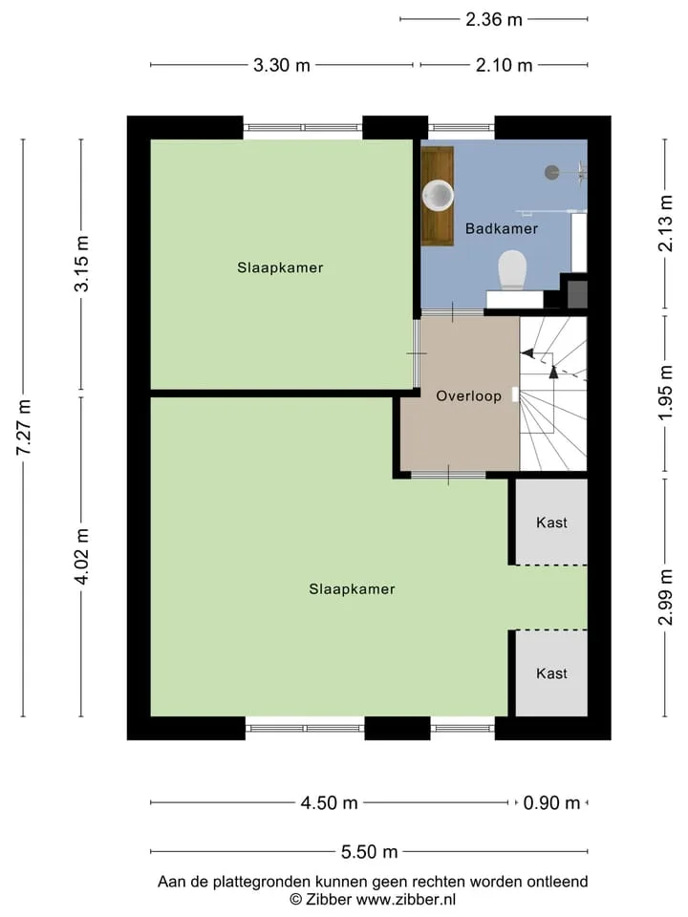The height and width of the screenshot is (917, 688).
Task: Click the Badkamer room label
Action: (x=502, y=228)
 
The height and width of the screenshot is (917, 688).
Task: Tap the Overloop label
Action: (x=468, y=395)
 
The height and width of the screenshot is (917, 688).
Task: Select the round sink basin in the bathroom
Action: (x=438, y=195)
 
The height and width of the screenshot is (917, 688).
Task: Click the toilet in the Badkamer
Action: (x=512, y=270)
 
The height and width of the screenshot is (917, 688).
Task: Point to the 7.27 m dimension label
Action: (x=23, y=427)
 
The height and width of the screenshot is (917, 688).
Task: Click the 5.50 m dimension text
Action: (x=369, y=851)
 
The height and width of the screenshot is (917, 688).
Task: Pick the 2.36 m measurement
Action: (x=494, y=19)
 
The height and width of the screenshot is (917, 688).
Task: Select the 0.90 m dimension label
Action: (x=551, y=803)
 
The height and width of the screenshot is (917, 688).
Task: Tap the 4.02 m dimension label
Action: (x=81, y=556)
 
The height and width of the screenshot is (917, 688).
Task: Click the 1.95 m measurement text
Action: (x=665, y=393)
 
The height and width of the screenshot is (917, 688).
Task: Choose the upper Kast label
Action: (x=551, y=522)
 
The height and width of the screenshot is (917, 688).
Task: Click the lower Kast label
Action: (x=551, y=673)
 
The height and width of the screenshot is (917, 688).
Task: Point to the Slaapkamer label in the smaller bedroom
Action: (x=280, y=267)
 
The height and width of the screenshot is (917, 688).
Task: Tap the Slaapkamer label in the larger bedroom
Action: (x=352, y=589)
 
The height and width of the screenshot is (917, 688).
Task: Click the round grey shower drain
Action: (x=551, y=172)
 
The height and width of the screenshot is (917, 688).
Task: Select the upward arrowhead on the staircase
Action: (x=553, y=371)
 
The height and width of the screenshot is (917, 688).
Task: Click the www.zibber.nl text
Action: (x=406, y=899)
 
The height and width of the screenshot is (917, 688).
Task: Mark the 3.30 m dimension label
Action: (x=281, y=65)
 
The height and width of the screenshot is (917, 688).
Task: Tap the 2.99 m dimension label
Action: (x=665, y=597)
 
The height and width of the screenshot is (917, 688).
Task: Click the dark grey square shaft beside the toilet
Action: (x=577, y=295)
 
